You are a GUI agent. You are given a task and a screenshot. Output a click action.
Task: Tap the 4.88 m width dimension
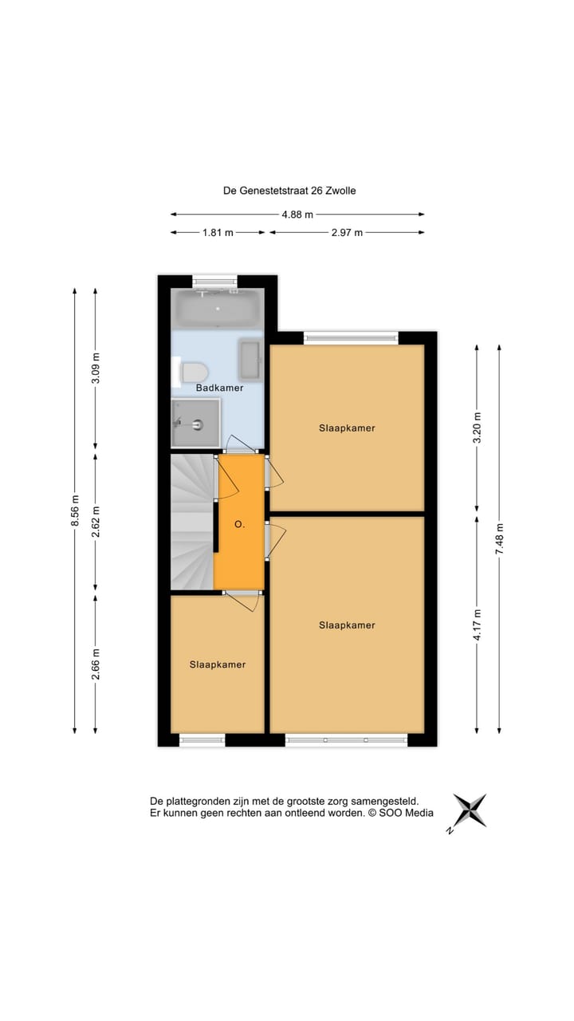pos(297,214)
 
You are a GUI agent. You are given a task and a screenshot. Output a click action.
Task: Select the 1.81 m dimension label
pos(218,233)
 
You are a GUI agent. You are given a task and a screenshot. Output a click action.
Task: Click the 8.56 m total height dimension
pos(75,510)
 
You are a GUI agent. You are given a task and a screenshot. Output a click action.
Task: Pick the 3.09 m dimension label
pos(96,368)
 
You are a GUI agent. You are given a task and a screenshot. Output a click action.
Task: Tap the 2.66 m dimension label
pos(96,664)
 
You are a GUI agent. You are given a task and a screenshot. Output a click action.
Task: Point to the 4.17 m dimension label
pos(477,625)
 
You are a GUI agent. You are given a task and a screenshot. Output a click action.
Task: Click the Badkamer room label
pos(219,388)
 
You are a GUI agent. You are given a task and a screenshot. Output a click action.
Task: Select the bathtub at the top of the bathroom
pos(218,309)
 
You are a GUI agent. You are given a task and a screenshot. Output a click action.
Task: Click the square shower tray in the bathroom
pos(195,422)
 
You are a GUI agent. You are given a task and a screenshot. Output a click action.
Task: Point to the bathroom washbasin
pos(250,360)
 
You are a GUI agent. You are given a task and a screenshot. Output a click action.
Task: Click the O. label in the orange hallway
pos(239,525)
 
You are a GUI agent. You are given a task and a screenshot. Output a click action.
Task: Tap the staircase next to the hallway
pos(192,522)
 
